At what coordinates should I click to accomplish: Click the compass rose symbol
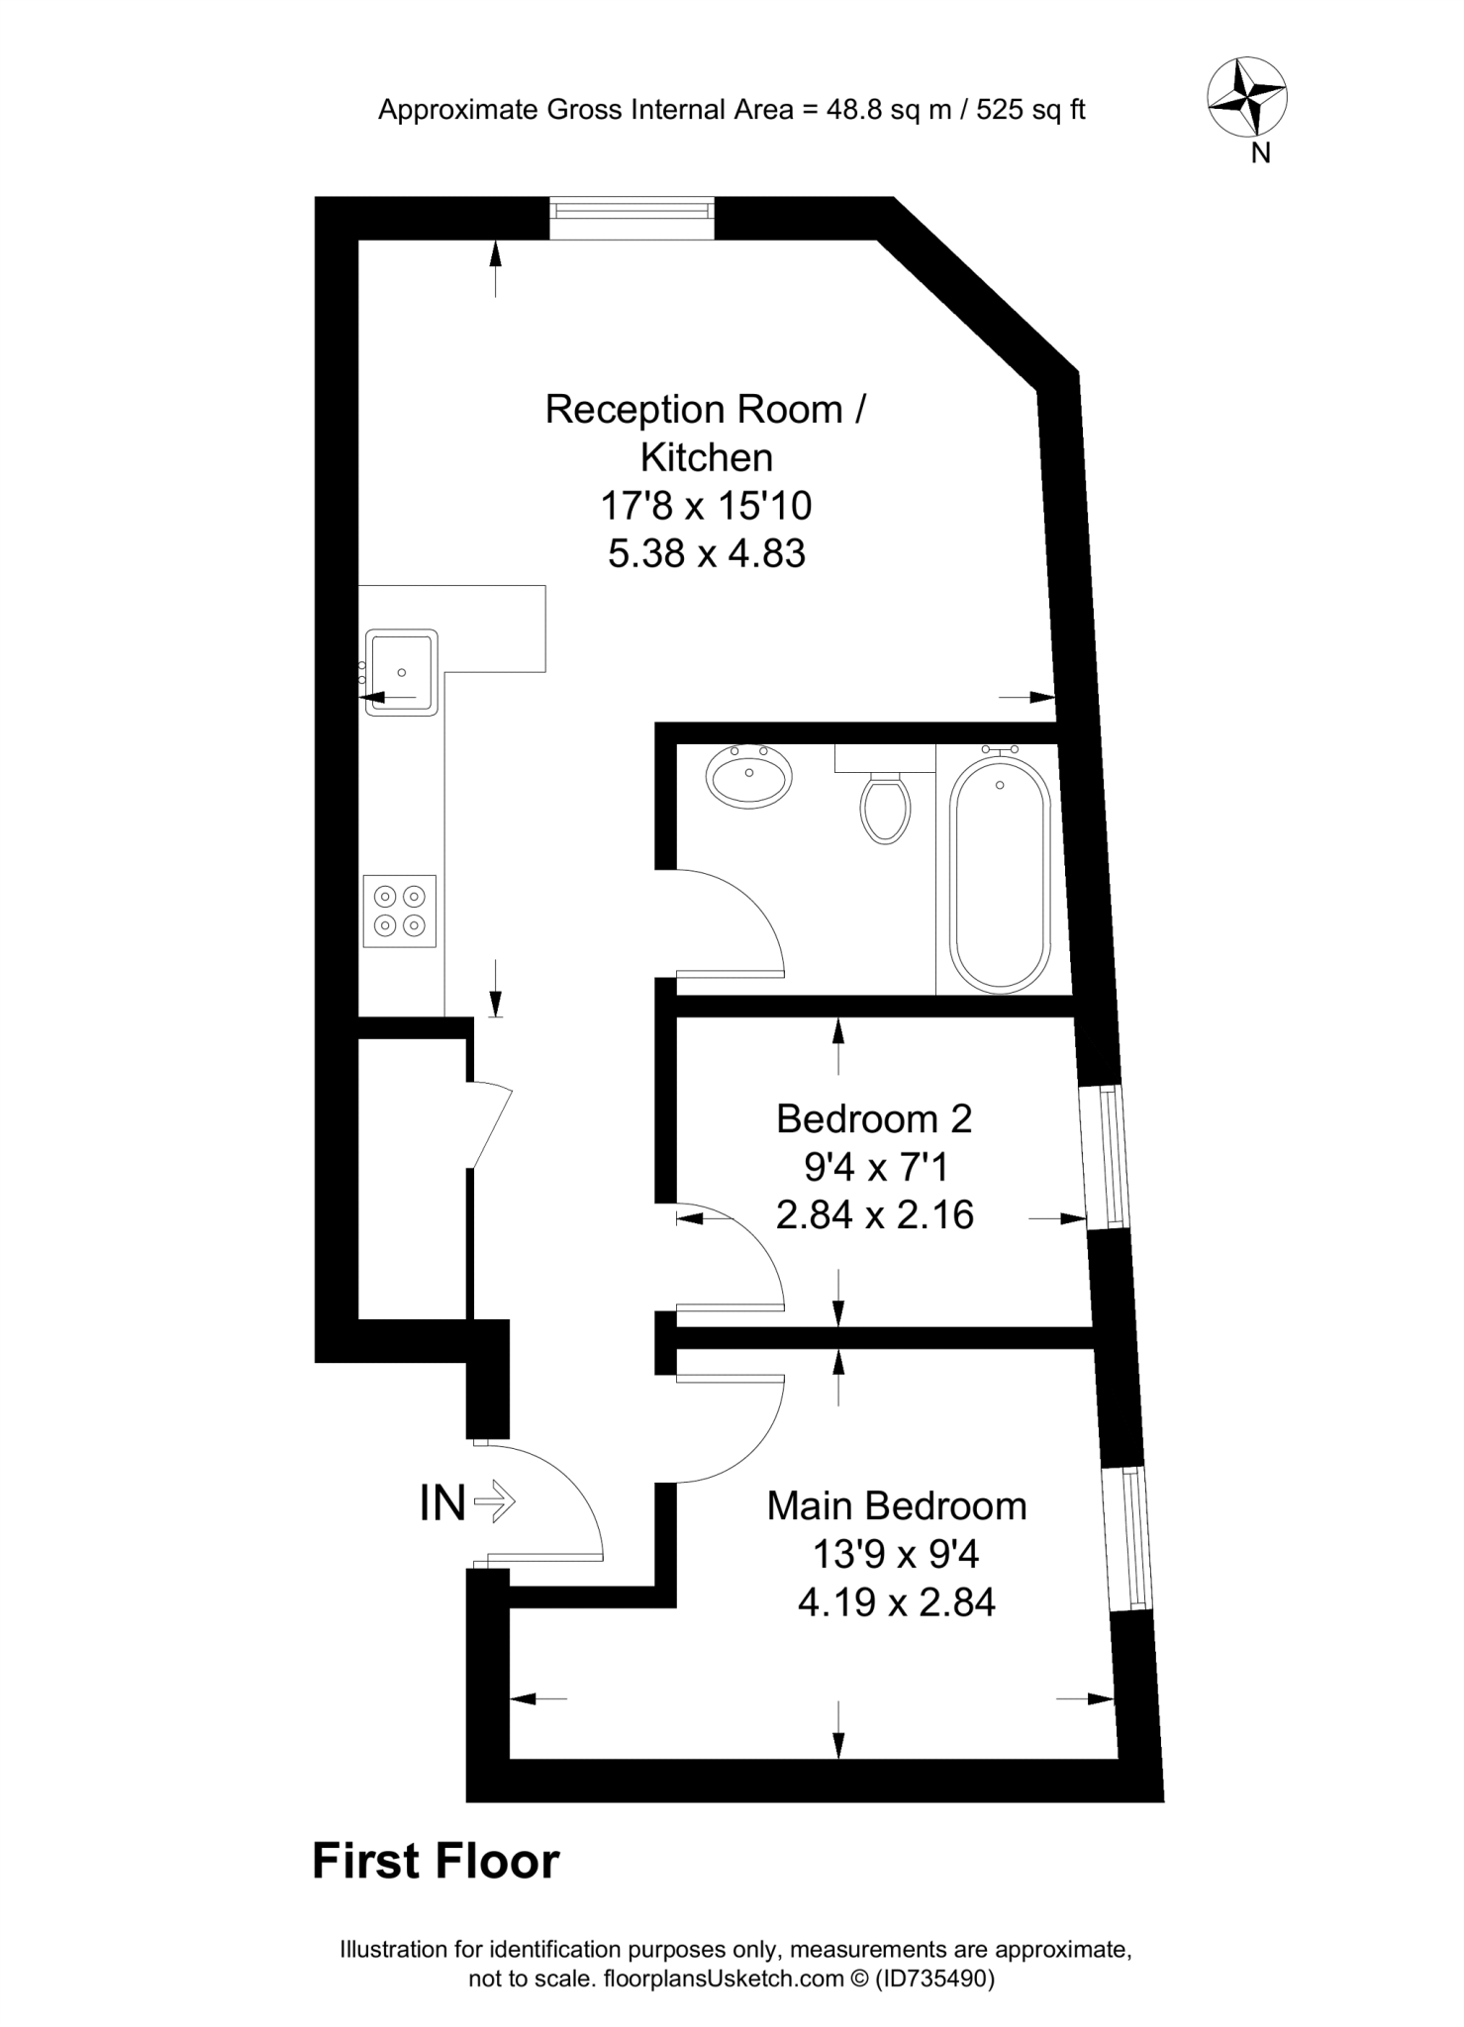coord(1246,97)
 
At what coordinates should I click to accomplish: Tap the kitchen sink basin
coord(401,672)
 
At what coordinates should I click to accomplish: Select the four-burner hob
coord(400,911)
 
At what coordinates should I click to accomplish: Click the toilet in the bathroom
coord(886,805)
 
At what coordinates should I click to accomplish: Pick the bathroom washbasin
coord(749,774)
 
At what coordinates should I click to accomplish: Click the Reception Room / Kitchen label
coord(706,433)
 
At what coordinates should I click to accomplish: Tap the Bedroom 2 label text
coord(874,1118)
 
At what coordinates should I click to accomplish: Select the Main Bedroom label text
coord(897,1505)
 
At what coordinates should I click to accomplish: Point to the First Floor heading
coord(436,1862)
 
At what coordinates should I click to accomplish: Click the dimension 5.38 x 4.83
coord(706,553)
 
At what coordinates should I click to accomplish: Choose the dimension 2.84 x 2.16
coord(875,1214)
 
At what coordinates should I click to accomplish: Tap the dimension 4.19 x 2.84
coord(897,1601)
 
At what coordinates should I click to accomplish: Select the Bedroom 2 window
coord(1106,1156)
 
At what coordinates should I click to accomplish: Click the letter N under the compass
coord(1260,153)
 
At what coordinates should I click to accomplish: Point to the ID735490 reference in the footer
coord(933,1979)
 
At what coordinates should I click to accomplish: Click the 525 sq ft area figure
coord(1030,110)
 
